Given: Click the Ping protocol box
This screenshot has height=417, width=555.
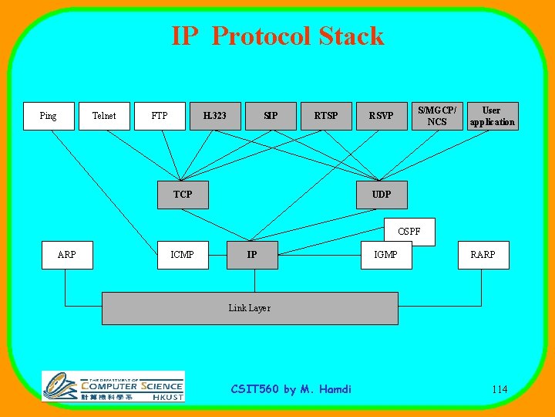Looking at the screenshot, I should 49,116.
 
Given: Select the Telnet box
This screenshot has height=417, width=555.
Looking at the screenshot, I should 104,116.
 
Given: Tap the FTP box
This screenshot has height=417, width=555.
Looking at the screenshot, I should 160,116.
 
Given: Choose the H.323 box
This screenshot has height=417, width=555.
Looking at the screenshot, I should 215,116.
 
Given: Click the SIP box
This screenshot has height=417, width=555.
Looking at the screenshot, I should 271,116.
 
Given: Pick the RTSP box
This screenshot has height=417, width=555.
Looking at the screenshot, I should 326,116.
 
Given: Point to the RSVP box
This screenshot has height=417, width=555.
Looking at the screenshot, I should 381,116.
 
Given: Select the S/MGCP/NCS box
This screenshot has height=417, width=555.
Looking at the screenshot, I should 437,116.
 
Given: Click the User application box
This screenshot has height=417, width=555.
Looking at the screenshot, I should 493,116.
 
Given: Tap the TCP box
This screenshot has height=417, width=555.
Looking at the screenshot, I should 183,195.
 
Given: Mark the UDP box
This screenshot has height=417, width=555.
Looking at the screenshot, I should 382,195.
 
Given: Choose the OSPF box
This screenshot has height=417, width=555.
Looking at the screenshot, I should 409,231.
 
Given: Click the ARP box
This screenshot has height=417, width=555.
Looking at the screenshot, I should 67,255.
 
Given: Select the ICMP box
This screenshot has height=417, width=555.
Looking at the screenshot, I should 183,255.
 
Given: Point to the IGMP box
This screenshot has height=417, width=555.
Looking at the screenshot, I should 386,255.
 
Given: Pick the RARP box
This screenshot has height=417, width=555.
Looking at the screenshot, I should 483,255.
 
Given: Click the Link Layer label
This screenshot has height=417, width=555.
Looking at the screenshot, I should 250,308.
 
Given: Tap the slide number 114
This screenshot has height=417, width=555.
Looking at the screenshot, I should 499,389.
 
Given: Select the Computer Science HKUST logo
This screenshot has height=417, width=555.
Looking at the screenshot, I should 113,386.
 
